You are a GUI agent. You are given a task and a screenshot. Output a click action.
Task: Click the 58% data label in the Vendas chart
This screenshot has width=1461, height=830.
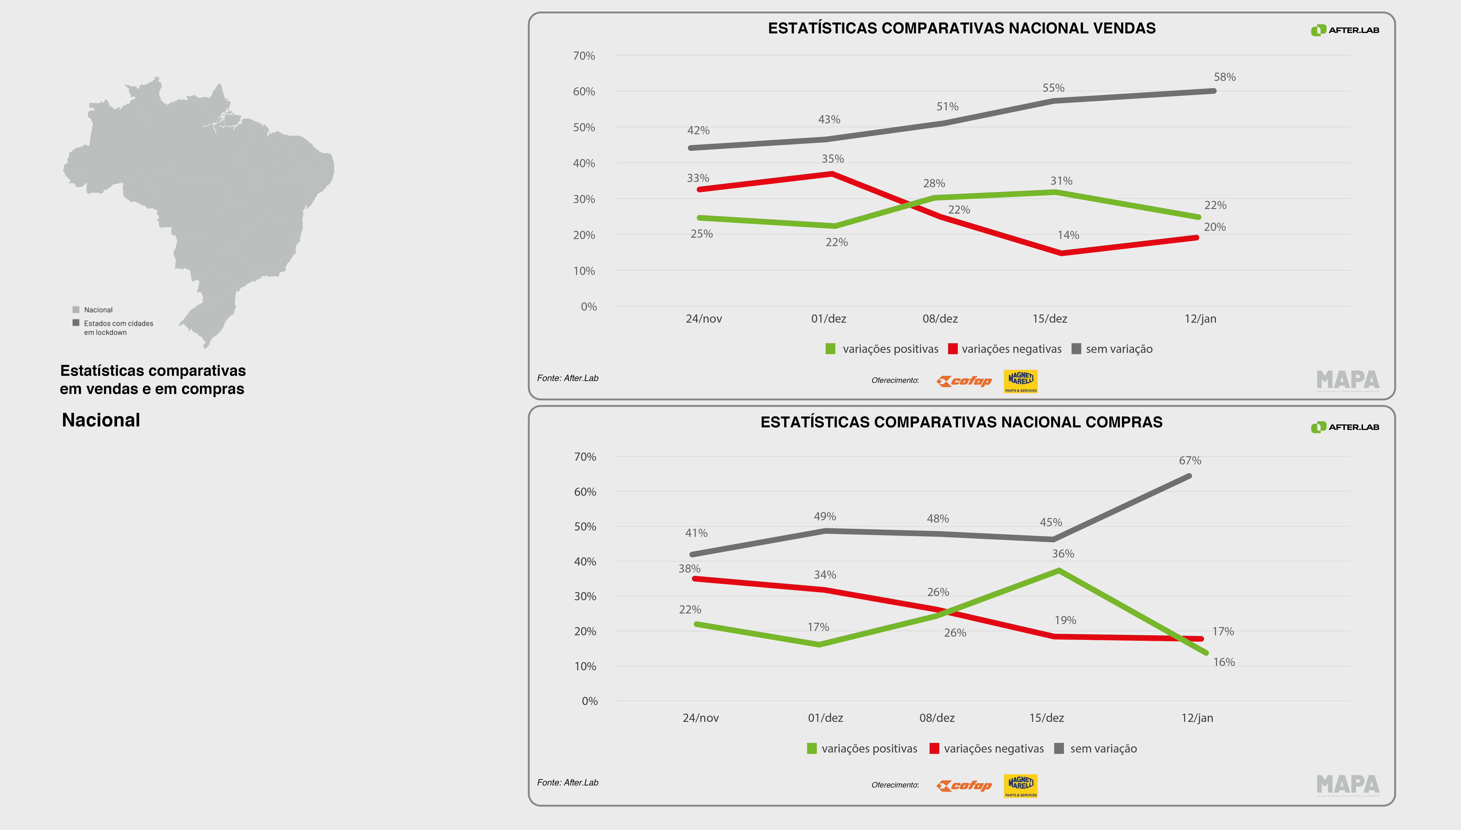[x=1224, y=77]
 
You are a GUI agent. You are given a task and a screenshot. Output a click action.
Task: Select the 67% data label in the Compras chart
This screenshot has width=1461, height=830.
[x=1190, y=461]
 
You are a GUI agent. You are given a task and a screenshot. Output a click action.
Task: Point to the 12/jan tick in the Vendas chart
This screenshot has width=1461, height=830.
[x=1200, y=319]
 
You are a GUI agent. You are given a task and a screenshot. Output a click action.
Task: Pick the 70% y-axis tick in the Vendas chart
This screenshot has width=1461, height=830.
[x=584, y=56]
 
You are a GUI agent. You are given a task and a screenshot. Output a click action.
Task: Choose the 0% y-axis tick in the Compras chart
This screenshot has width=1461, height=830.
[x=590, y=701]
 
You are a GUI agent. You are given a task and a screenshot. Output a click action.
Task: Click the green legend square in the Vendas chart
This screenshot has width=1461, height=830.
[x=830, y=349]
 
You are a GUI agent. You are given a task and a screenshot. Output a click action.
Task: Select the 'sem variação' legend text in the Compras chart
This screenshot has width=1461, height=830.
[x=1103, y=748]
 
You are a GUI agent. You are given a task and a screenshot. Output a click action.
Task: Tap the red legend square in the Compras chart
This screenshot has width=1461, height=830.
[x=934, y=748]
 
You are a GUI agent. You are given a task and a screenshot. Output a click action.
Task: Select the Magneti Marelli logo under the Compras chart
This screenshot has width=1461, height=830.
[x=1020, y=785]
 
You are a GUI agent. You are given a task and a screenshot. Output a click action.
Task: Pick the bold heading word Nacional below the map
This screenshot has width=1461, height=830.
[x=101, y=420]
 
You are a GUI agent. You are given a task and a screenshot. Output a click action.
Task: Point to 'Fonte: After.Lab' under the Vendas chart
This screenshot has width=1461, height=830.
[x=567, y=378]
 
